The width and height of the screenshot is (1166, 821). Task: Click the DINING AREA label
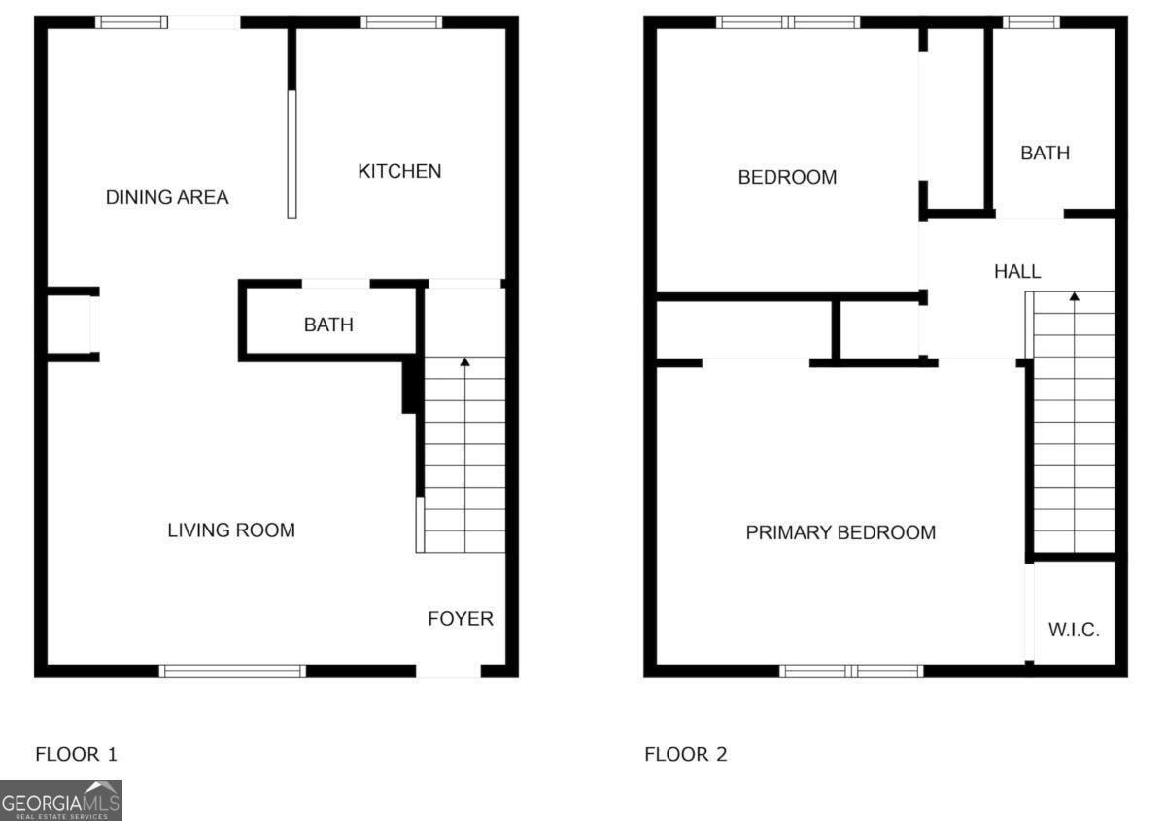click(167, 197)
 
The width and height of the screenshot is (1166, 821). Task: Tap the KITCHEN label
click(399, 171)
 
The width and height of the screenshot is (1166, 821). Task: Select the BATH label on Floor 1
click(328, 325)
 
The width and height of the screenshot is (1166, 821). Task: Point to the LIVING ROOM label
click(231, 530)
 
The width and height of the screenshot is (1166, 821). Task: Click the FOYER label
click(461, 619)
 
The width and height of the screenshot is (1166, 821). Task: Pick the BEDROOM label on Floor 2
click(787, 178)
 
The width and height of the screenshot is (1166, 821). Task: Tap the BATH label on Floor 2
click(1045, 153)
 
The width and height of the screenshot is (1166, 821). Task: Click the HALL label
click(1016, 272)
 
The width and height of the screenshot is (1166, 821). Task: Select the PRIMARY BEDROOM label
click(840, 532)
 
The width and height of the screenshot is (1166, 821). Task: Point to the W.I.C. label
click(1074, 630)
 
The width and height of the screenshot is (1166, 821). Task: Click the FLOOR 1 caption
click(76, 754)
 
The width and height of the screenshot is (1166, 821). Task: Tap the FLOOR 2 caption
click(685, 754)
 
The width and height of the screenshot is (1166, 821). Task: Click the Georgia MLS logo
click(61, 802)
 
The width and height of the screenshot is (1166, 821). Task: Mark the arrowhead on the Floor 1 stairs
click(464, 362)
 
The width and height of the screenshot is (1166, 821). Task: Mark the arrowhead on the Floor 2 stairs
click(1074, 296)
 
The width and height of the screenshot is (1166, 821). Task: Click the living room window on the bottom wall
click(232, 670)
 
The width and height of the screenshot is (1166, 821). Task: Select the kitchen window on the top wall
click(401, 22)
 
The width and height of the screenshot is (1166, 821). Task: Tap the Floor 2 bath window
click(1031, 22)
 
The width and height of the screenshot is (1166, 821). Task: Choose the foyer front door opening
click(448, 670)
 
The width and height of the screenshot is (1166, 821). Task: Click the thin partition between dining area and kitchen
click(291, 154)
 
